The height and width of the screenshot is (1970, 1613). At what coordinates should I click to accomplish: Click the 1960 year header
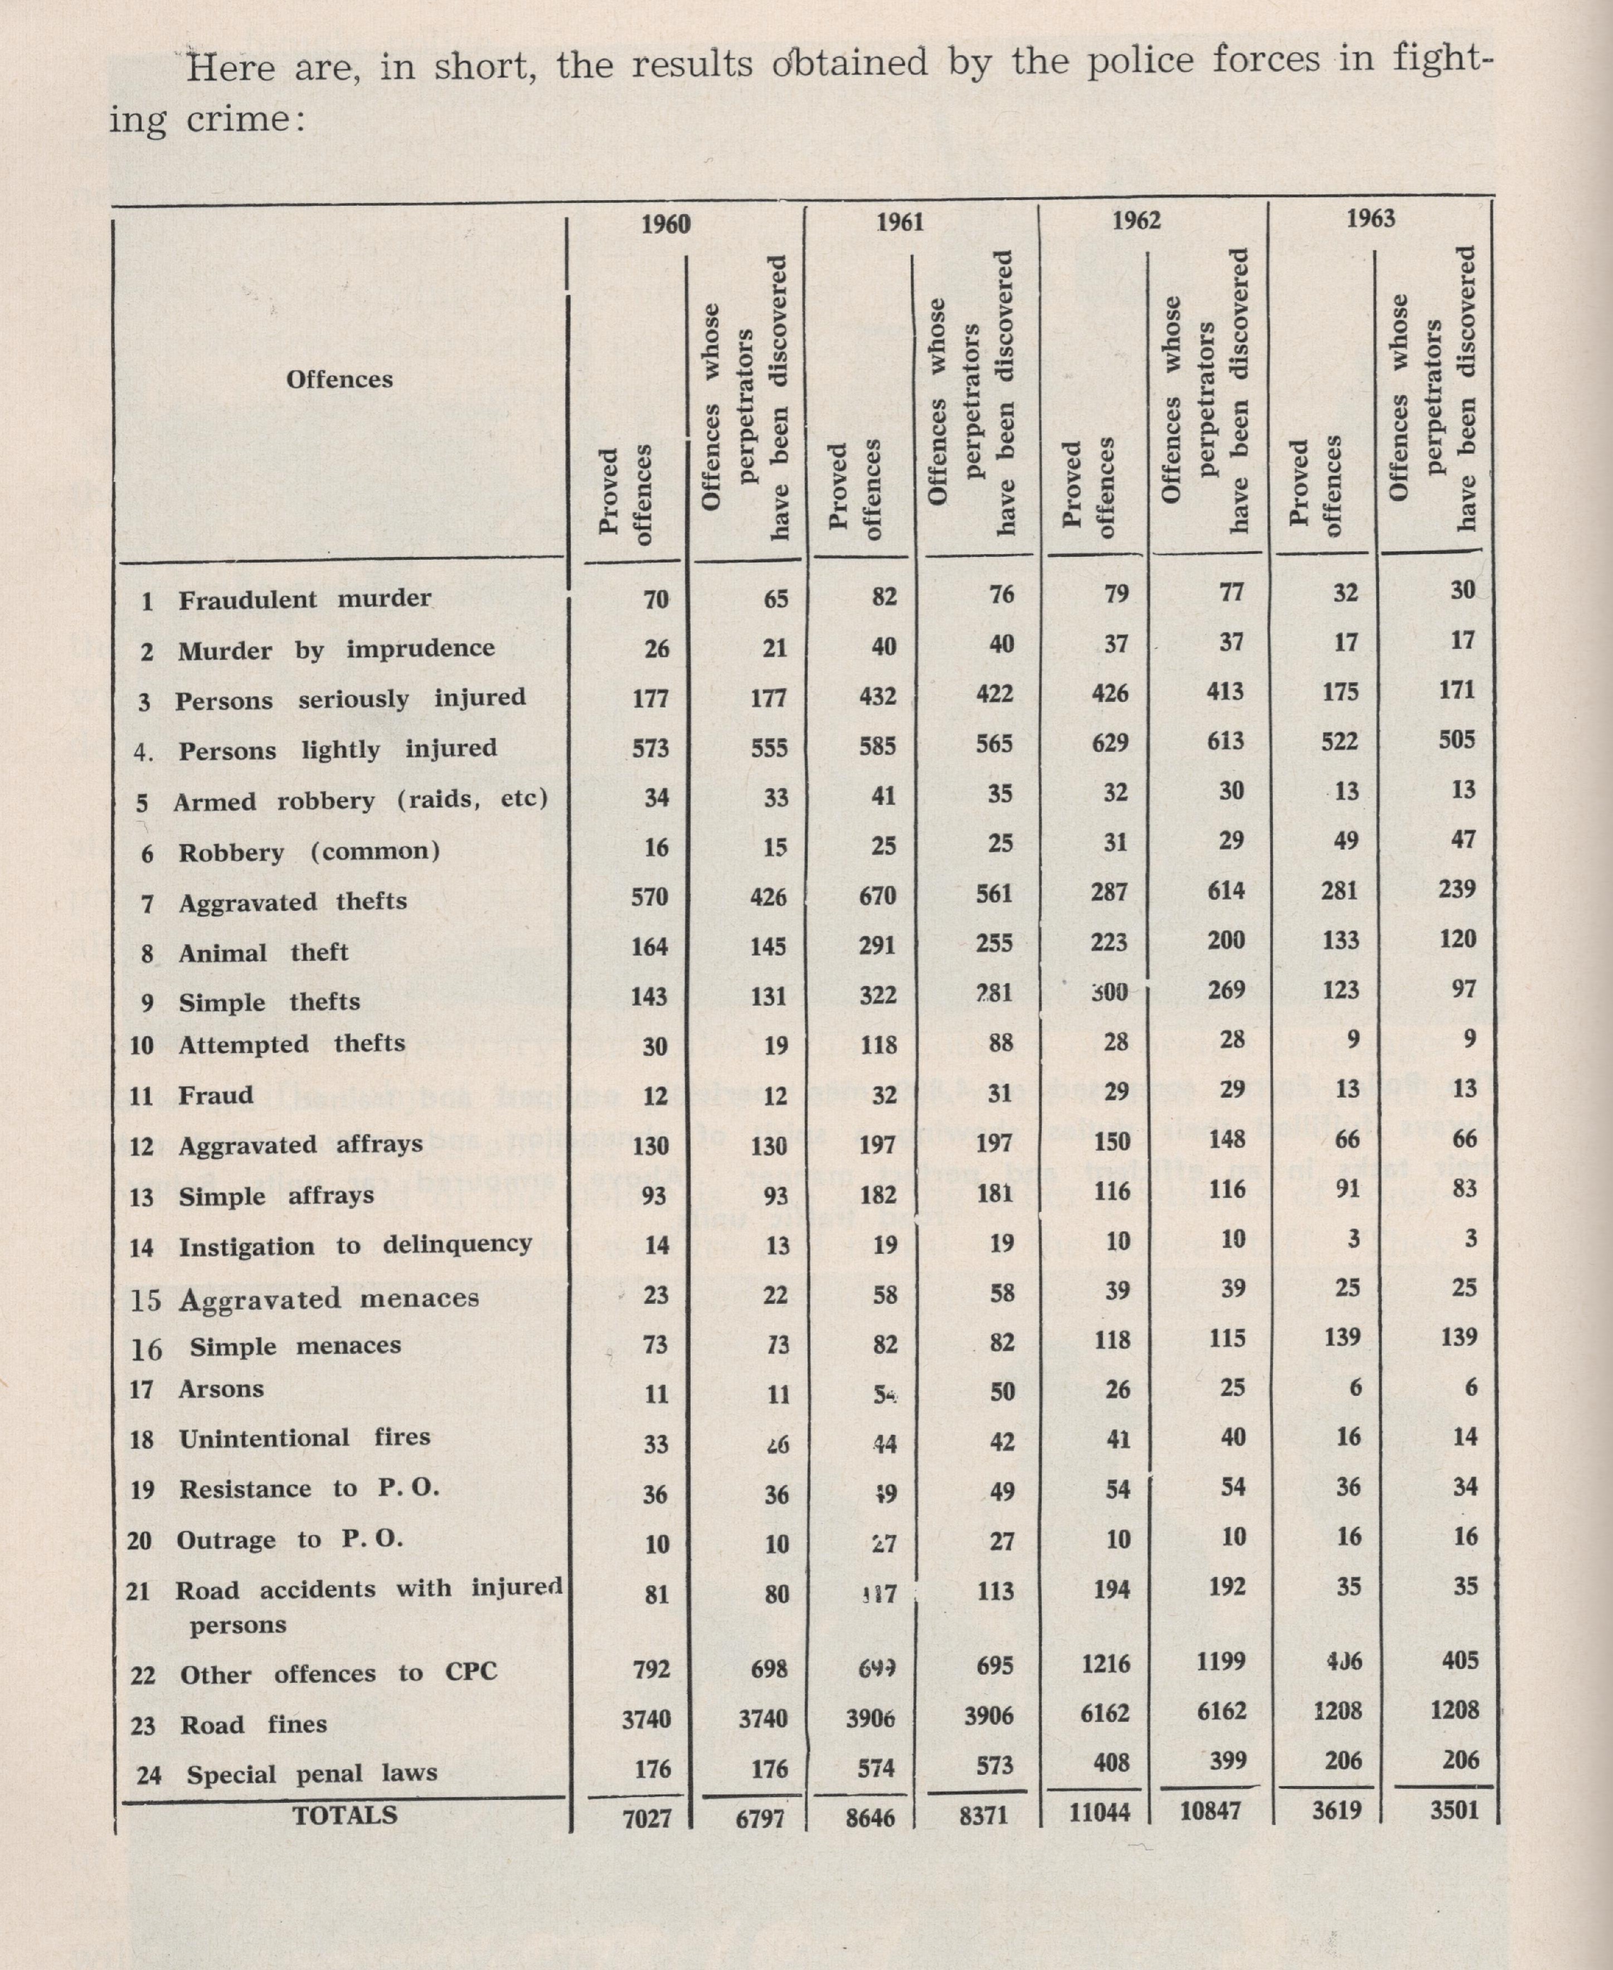[x=665, y=224]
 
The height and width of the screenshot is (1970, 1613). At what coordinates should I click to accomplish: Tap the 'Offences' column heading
[x=339, y=379]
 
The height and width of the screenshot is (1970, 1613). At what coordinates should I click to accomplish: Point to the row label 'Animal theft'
[x=263, y=953]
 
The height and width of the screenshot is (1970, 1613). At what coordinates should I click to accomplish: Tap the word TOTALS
[x=344, y=1815]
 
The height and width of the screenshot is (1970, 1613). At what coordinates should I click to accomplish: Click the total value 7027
[x=647, y=1818]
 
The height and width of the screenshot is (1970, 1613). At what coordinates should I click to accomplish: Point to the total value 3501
[x=1454, y=1809]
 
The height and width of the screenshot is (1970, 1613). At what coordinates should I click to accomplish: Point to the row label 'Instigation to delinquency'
[x=355, y=1245]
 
